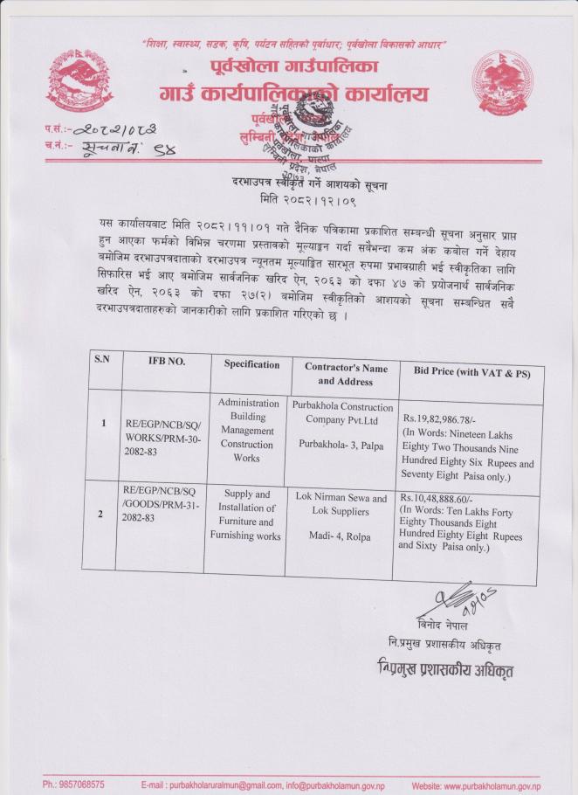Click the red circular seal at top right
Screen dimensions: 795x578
tap(501, 79)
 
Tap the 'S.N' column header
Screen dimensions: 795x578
tap(101, 361)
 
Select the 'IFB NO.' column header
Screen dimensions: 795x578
tap(165, 363)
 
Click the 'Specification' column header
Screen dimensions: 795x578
tap(251, 364)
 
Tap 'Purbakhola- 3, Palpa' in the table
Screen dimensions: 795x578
tap(339, 446)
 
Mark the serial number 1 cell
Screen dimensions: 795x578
tap(103, 424)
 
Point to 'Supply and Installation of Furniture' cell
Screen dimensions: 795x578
tap(246, 514)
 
